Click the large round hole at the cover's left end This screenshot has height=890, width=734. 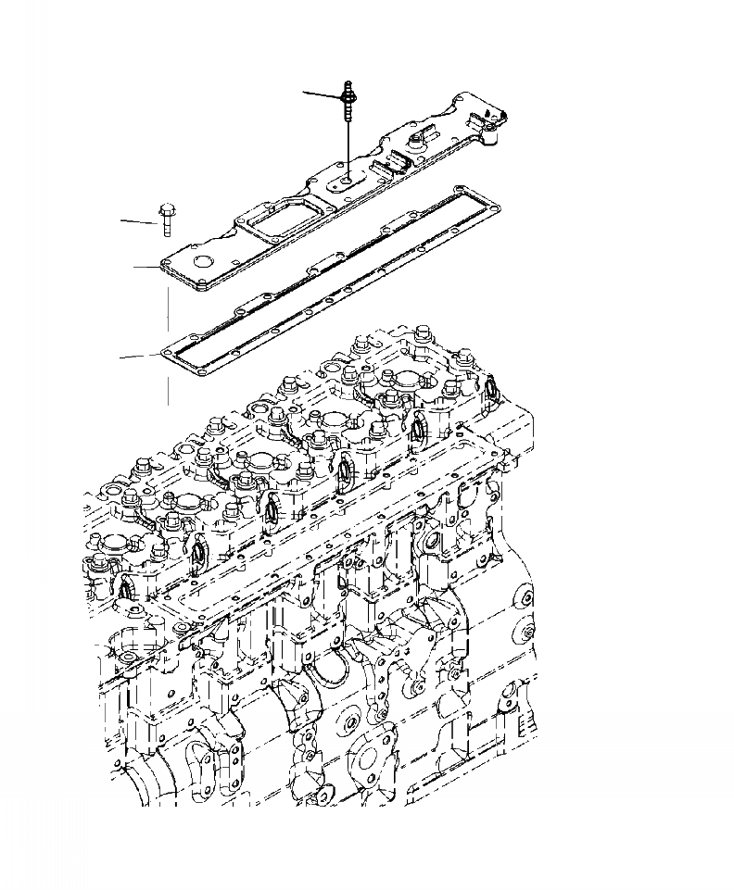(x=204, y=260)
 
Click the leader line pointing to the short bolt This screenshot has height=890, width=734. (x=139, y=221)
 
